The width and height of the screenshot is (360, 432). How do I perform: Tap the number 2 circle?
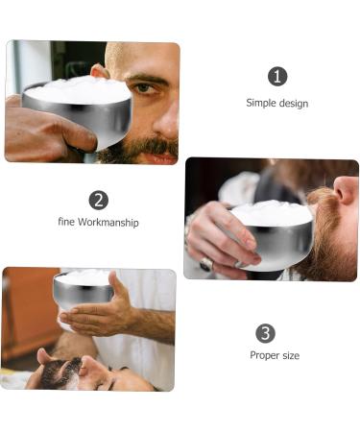coord(98,200)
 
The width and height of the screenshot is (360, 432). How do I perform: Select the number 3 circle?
coord(266,333)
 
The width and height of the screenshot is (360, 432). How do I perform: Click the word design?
coord(294,103)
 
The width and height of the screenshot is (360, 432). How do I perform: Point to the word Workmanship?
coord(108,223)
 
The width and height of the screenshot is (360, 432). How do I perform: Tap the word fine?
coord(66,223)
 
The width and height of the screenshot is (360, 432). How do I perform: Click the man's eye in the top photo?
coord(143,88)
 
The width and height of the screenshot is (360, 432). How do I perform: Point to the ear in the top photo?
coord(98,72)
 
